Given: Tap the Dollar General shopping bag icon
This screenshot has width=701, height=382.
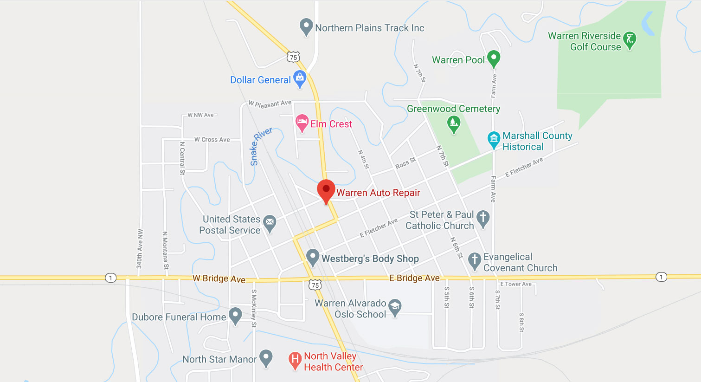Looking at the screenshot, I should coord(300,78).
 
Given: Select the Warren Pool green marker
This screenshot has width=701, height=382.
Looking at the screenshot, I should coord(494,58).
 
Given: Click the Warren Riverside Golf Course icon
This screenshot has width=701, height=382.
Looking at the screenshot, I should coord(630,40).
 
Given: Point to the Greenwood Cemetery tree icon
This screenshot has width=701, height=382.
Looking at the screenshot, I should coord(453,123).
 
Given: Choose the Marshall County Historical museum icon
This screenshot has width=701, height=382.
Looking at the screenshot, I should coord(494,139).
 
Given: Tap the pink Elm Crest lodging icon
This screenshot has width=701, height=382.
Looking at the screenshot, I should coord(302,123).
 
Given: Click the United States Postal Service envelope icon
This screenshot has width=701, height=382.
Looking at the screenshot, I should coord(270,223).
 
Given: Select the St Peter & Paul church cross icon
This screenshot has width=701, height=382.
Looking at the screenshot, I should coord(483,218).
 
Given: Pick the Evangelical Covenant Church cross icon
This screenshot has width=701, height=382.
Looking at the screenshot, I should coord(474,260).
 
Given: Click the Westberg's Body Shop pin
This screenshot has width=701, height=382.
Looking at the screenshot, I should coord(313,257).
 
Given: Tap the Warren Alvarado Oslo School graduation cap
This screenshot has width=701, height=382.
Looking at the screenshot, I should coord(395,306).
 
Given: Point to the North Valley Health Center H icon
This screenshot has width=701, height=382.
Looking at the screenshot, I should coord(295,360).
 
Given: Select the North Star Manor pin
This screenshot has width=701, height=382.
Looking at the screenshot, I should coord(265,357).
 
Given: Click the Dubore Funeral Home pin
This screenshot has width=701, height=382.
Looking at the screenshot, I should coord(235,315).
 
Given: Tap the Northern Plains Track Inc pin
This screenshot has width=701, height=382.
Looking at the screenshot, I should coord(306,26).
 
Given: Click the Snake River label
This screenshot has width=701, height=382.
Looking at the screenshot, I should coord(261,146).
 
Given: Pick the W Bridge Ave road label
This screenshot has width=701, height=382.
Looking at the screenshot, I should coord(219,278).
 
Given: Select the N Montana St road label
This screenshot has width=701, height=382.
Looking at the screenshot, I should coord(165,250).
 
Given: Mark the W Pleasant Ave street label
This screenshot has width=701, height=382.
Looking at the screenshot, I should coord(270,104).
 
